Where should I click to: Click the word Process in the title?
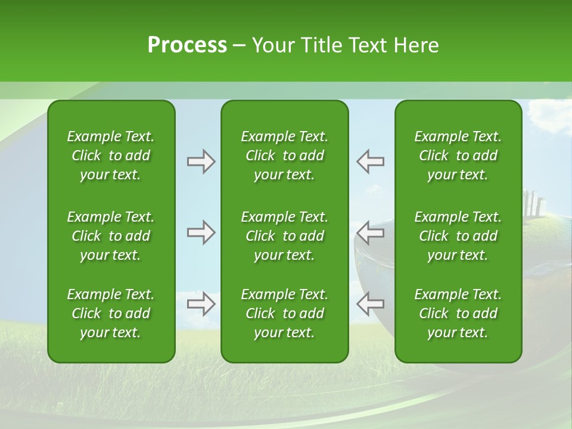[187, 45]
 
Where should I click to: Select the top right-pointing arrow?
[201, 161]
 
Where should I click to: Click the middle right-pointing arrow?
[201, 232]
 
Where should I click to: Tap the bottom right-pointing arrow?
[201, 303]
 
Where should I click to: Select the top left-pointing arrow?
[370, 161]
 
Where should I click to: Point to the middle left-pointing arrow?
[370, 232]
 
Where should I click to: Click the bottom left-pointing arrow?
[370, 303]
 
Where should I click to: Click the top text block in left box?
[111, 156]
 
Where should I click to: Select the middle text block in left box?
[111, 236]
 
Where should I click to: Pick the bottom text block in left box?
[111, 313]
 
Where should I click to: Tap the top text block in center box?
[284, 156]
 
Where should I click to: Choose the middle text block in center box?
[284, 236]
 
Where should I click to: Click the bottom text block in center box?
[284, 313]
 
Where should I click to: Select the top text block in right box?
[458, 156]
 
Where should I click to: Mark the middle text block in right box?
[458, 236]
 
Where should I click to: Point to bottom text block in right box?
[458, 313]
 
